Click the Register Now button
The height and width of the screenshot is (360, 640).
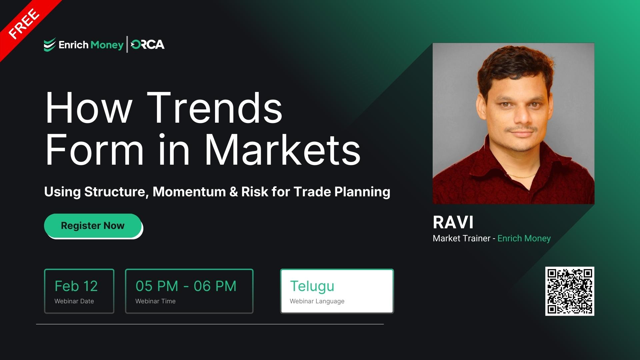pos(93,226)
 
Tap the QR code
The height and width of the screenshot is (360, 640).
pos(570,291)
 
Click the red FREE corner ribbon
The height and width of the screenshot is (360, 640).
pos(23,23)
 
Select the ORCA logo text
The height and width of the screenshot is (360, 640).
pos(148,45)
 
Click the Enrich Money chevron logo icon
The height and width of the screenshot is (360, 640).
pos(50,45)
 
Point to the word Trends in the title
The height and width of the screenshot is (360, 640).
pos(215,108)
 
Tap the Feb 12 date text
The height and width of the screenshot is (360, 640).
pos(76,286)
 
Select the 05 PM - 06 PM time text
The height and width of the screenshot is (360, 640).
pos(186,286)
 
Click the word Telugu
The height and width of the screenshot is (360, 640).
pos(312,286)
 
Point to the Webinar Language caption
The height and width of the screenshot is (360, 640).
pos(317,301)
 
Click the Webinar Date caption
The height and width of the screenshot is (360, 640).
pos(74,301)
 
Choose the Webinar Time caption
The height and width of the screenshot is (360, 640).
pos(155,301)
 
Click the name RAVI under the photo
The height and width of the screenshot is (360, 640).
pos(453,222)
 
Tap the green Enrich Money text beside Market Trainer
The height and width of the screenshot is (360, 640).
pos(524,238)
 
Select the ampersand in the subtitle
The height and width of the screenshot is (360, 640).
pos(234,192)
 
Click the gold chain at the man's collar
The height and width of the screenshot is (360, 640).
pos(522,175)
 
